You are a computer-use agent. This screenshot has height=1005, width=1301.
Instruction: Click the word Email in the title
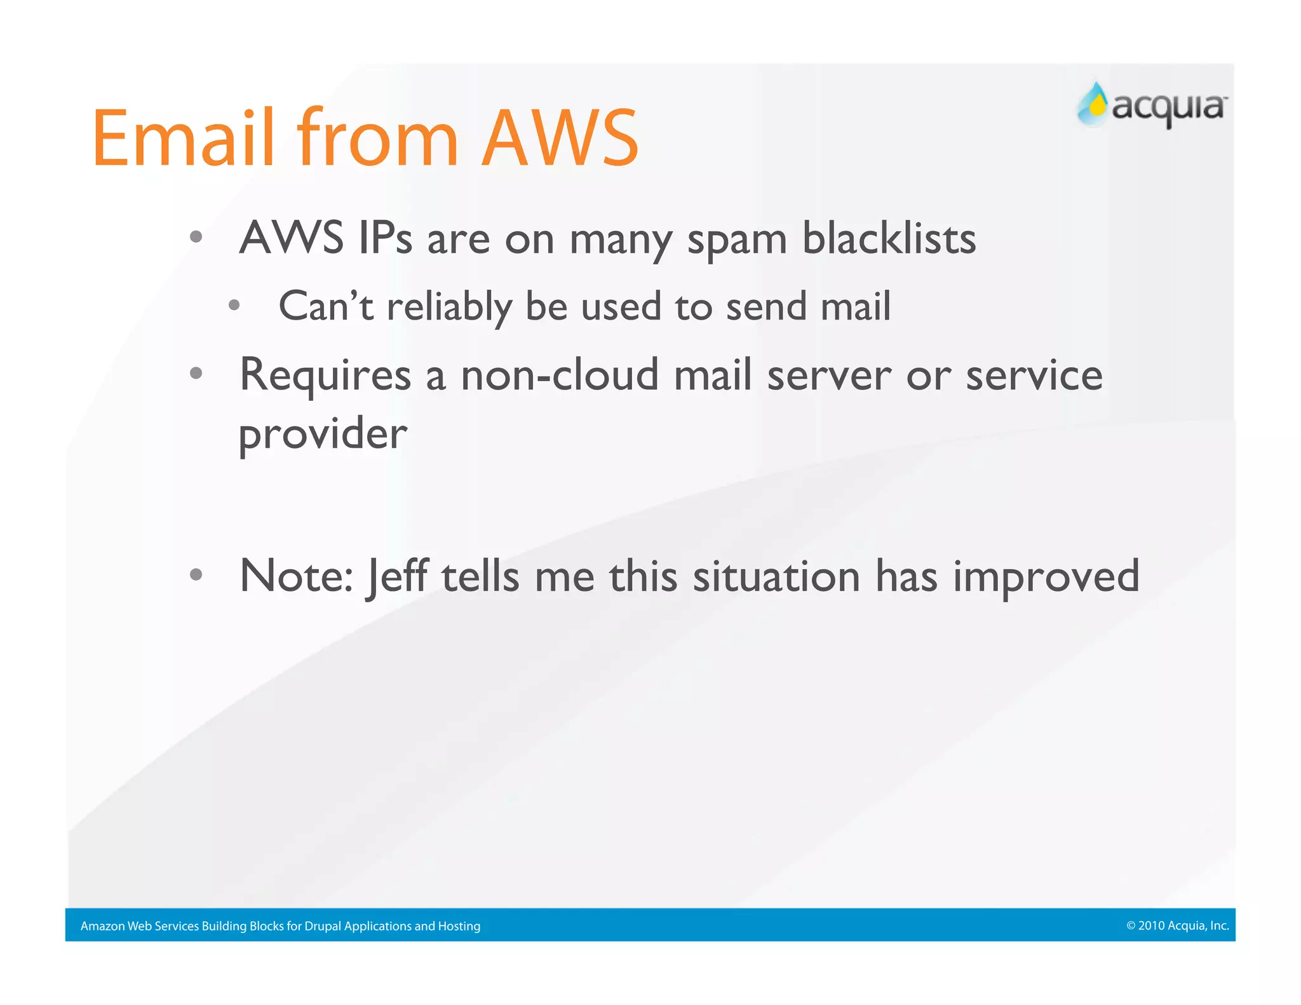tap(183, 138)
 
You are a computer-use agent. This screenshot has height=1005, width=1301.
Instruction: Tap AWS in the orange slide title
tap(560, 138)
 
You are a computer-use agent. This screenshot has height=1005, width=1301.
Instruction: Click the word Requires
tap(325, 376)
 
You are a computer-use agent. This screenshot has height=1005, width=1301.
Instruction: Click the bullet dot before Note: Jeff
tap(196, 575)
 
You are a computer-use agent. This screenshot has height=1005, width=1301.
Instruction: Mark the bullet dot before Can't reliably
tap(234, 306)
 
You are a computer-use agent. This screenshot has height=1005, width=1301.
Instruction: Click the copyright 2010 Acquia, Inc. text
tap(1177, 926)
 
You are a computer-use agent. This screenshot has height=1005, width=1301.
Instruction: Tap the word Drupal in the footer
tap(323, 926)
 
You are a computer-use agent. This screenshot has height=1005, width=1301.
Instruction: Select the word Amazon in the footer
tap(102, 926)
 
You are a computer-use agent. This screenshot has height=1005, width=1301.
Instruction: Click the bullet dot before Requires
tap(196, 374)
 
